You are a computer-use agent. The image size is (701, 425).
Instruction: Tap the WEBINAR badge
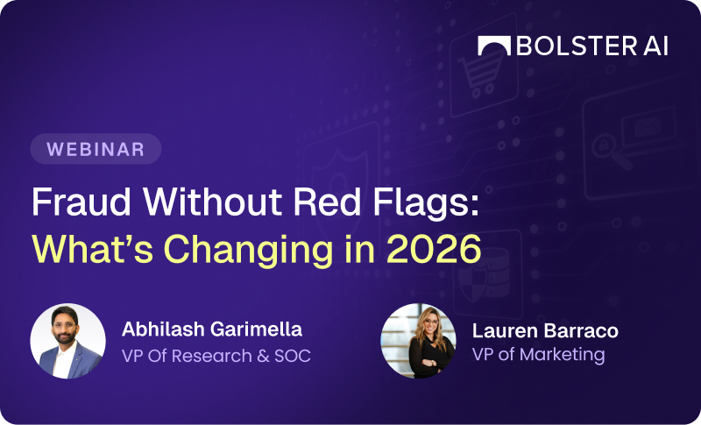click(96, 149)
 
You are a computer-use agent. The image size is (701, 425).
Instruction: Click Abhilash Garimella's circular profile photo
click(67, 342)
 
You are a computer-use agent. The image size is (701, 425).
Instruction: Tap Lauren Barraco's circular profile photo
click(419, 342)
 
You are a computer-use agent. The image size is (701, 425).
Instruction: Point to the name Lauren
click(499, 331)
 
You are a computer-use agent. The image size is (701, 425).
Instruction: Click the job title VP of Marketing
click(538, 355)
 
